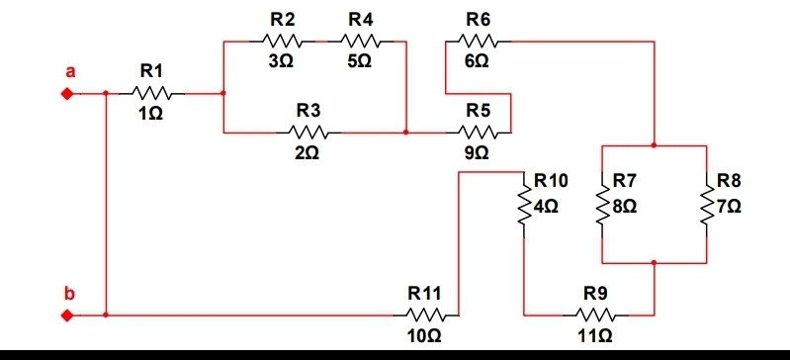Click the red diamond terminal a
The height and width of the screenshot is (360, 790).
(x=67, y=95)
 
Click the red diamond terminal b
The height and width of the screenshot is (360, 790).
(x=67, y=316)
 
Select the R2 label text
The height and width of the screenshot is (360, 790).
(x=281, y=19)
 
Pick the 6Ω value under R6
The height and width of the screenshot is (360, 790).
(x=478, y=61)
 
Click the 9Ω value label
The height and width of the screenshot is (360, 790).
(x=478, y=153)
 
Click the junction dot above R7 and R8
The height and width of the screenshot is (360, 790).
(x=654, y=145)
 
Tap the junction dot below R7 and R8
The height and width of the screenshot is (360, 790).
(x=654, y=263)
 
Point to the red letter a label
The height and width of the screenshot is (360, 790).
(x=69, y=71)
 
